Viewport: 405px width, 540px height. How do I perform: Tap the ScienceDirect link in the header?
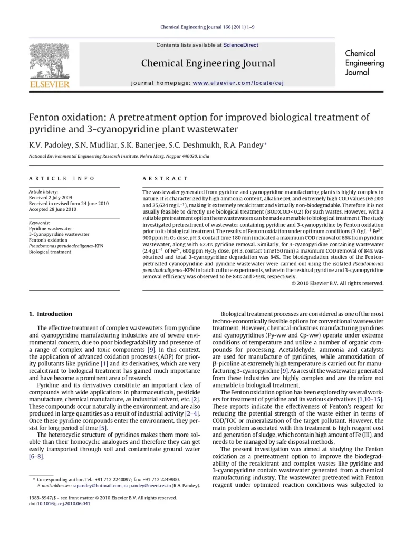[x=240, y=45]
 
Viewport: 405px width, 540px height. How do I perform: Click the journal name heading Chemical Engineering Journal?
[x=208, y=64]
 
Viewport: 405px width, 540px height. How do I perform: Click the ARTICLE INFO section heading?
[x=62, y=179]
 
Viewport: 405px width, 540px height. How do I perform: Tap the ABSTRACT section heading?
[x=165, y=179]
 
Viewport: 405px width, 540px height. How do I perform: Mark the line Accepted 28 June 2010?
[x=53, y=209]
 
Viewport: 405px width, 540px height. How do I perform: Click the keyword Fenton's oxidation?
[x=48, y=240]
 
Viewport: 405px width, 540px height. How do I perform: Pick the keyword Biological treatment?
[x=50, y=252]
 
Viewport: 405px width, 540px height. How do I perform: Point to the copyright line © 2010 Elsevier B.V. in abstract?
[x=337, y=283]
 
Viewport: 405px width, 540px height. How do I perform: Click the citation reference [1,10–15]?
[x=370, y=399]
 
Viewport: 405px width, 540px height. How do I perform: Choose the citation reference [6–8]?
[x=36, y=457]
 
